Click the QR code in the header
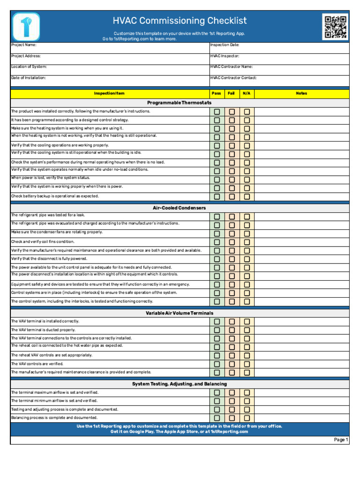tap(335, 27)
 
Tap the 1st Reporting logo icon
tap(26, 27)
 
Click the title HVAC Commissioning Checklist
tap(180, 21)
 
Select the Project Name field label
tap(23, 45)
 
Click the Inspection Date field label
tap(225, 45)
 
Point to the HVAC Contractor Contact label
tap(233, 78)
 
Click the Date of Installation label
tap(29, 78)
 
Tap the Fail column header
tap(231, 93)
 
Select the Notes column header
tap(301, 93)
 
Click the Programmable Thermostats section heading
tap(180, 103)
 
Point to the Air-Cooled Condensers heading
tap(180, 208)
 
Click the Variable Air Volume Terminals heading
tap(180, 313)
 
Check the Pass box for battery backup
tap(217, 196)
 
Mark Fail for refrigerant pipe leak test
tap(232, 217)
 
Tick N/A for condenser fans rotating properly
tap(247, 233)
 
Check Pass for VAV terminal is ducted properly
tap(217, 330)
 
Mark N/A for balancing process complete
tap(247, 418)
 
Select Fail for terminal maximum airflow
tap(232, 392)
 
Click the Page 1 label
tap(341, 440)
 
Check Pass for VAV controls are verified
tap(217, 364)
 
